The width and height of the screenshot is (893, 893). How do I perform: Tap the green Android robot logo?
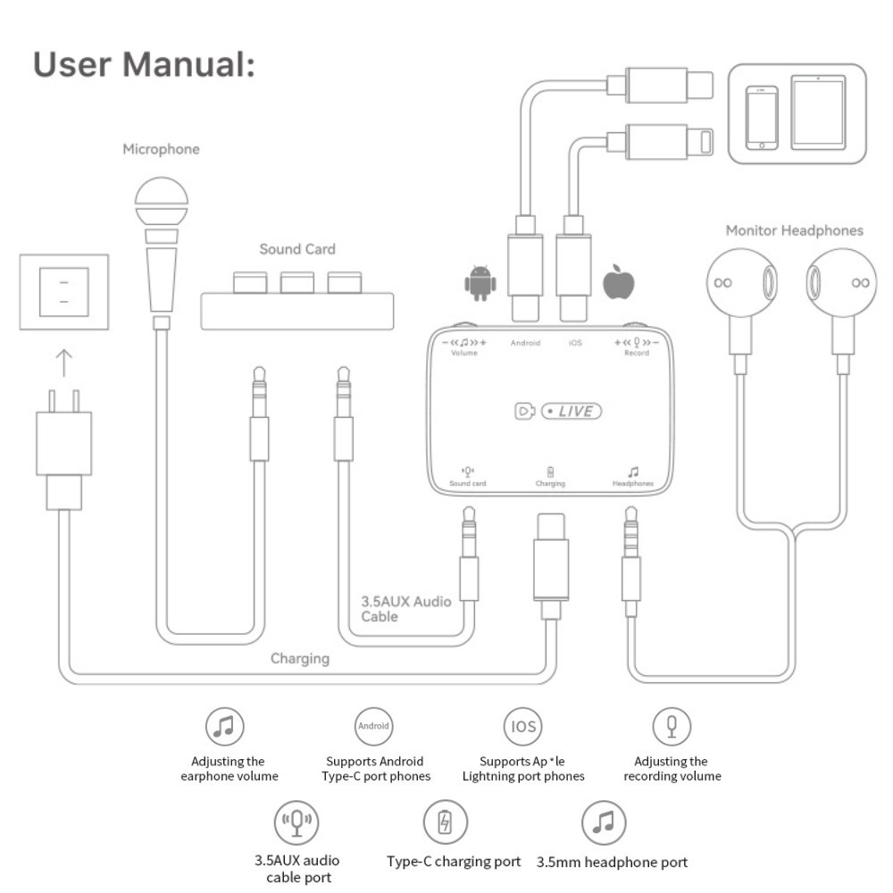pos(479,283)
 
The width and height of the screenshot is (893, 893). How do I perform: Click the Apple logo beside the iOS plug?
pos(619,281)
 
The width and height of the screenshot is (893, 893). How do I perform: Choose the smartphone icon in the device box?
pos(762,117)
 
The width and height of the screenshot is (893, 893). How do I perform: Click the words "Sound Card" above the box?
pos(297,249)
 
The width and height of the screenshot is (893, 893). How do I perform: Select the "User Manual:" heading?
pos(144,65)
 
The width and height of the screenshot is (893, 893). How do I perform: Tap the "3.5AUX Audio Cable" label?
pos(405,609)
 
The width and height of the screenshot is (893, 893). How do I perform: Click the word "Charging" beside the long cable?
pos(300,659)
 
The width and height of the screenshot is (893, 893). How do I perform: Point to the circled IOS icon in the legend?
pos(522,727)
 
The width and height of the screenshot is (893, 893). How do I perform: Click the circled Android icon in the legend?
pos(373,727)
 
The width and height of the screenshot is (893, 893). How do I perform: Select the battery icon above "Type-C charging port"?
pos(445,822)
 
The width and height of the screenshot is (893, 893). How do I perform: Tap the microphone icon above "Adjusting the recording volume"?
pos(671,727)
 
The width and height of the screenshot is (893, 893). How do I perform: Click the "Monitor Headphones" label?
pos(794,230)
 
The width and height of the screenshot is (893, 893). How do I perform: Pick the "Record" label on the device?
pos(637,354)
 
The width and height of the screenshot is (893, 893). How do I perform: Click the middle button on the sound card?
pos(296,282)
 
